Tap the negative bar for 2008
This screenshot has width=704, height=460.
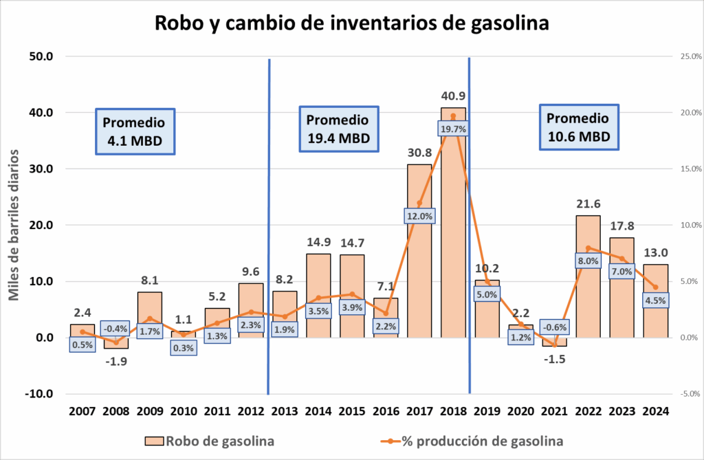116,343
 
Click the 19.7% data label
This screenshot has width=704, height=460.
453,129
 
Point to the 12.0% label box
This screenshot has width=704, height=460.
419,216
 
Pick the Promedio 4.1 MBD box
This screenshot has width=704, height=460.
134,131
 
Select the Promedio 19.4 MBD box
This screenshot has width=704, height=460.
338,129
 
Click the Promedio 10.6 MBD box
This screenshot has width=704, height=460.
577,127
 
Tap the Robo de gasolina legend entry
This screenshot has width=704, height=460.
210,441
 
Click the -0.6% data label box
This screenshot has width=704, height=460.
554,327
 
